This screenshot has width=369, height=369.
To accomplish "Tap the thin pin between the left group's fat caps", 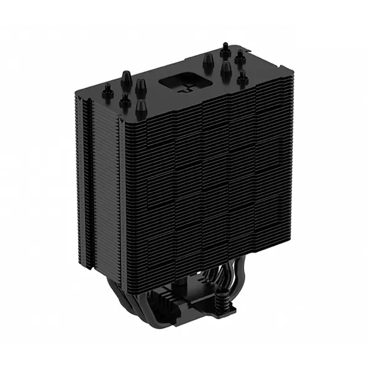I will (x=126, y=99).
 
